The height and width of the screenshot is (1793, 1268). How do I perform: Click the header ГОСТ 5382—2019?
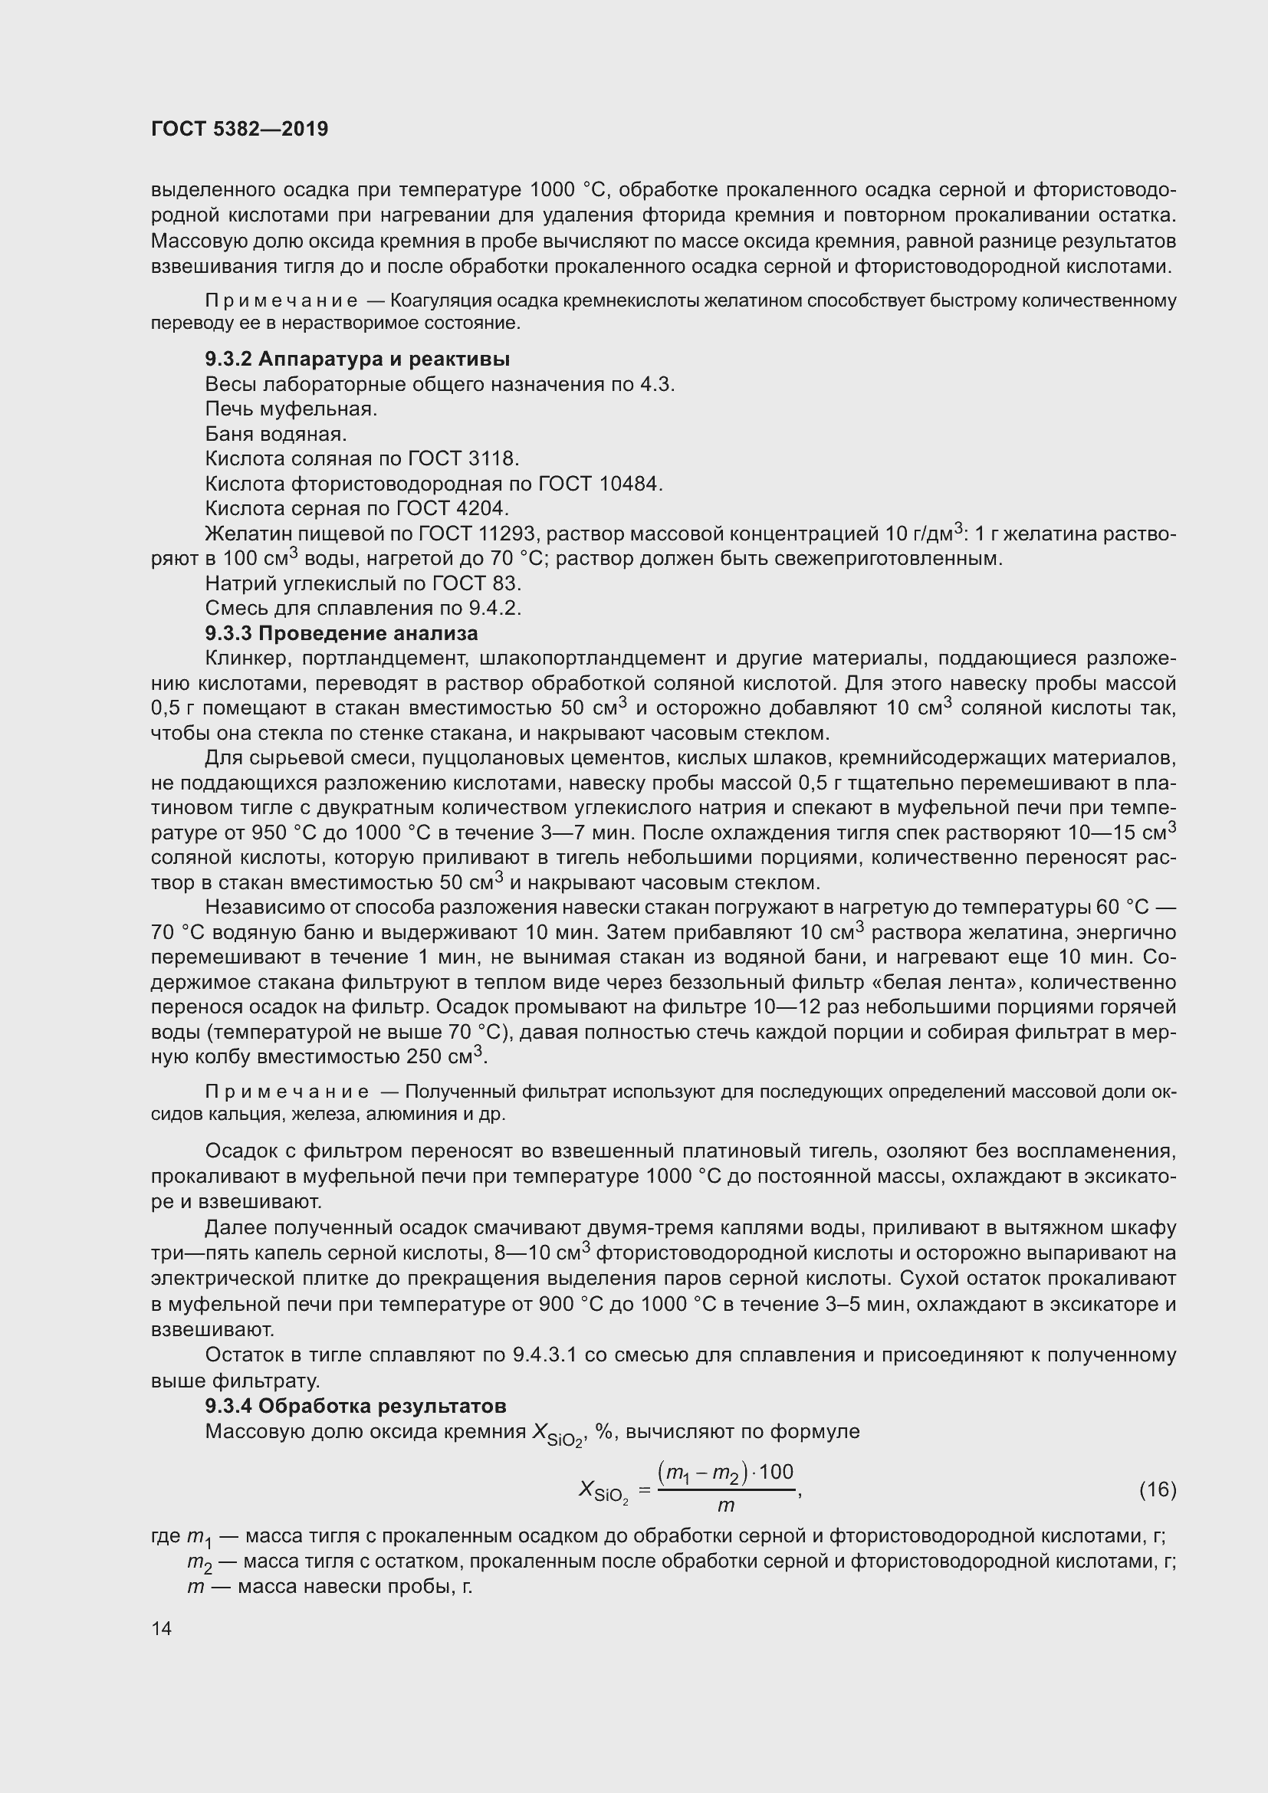click(240, 129)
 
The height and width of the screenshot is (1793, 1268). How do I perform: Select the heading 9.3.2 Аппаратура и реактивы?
click(356, 360)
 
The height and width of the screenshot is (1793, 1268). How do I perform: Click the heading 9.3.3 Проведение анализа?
click(341, 632)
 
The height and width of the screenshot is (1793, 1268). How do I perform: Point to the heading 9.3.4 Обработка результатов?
click(355, 1406)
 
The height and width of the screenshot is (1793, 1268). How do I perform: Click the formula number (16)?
click(1157, 1490)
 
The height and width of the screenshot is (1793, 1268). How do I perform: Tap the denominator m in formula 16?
click(725, 1505)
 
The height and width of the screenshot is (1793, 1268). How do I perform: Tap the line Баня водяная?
click(276, 433)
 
